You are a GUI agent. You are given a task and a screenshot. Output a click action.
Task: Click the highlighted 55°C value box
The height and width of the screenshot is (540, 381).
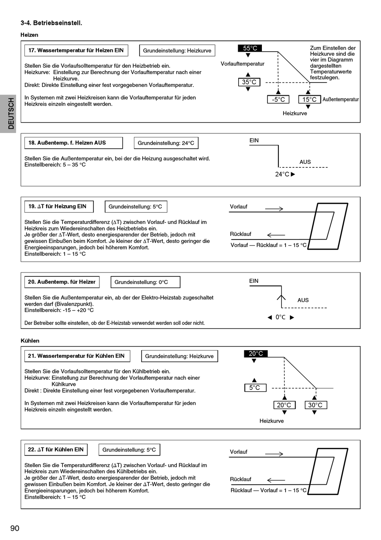(x=250, y=48)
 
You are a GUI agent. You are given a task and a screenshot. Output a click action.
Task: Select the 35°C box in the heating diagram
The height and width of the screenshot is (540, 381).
(x=249, y=82)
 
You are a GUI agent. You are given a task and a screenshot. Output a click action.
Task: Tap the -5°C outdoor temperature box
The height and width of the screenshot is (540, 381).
(x=278, y=99)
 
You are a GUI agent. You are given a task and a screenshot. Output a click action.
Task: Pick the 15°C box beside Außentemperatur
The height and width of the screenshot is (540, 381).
(x=309, y=99)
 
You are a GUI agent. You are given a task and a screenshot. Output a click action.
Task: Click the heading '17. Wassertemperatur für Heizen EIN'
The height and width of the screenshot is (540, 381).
(x=76, y=50)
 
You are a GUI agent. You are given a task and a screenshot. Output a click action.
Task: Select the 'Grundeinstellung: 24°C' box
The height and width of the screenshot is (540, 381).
(x=166, y=143)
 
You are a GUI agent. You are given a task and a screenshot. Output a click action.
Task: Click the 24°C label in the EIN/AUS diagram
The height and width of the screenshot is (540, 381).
(x=282, y=174)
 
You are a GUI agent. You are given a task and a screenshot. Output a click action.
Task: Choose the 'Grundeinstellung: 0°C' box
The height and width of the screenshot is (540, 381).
(x=145, y=282)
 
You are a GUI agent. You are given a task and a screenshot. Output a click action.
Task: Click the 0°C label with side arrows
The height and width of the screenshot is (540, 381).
(x=281, y=317)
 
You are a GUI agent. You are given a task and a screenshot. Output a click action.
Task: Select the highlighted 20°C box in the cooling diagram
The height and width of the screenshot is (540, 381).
(x=255, y=354)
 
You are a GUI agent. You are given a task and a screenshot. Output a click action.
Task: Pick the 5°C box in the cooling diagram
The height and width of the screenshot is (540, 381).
(x=255, y=388)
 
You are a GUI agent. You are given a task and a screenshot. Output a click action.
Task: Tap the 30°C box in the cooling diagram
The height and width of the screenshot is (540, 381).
(x=315, y=405)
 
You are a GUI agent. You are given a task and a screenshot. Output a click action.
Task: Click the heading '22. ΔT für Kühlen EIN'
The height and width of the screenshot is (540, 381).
(x=56, y=449)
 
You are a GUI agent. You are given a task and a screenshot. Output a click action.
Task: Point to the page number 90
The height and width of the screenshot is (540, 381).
(x=15, y=528)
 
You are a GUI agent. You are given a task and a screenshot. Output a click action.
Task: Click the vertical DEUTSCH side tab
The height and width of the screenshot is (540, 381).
(x=10, y=114)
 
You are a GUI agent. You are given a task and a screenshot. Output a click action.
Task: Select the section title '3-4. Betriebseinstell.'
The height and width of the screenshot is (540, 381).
(x=51, y=23)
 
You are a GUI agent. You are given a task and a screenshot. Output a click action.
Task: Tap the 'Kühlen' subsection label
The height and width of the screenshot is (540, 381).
(x=30, y=341)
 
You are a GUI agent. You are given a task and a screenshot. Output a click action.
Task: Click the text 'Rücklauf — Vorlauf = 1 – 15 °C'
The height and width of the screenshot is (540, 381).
(x=268, y=490)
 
